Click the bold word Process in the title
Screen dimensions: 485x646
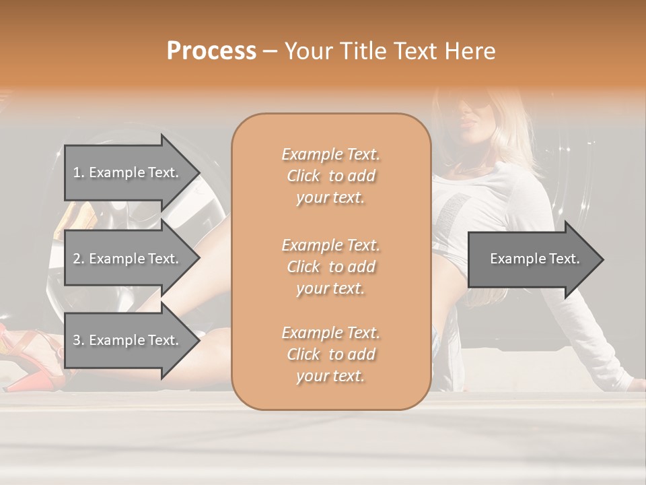(211, 51)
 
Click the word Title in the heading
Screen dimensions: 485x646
(364, 51)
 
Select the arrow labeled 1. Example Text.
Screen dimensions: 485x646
(125, 172)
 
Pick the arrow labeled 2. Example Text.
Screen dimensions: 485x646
(125, 259)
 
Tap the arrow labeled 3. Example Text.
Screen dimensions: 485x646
(125, 340)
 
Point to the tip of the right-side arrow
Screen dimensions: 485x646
(602, 259)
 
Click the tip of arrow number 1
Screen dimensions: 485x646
(199, 172)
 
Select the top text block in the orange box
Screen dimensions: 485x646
(330, 176)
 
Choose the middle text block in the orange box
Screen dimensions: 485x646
(330, 267)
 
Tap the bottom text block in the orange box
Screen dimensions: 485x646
(330, 354)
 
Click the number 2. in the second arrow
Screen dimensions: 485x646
(78, 259)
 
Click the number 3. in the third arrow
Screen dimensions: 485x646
(78, 340)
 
